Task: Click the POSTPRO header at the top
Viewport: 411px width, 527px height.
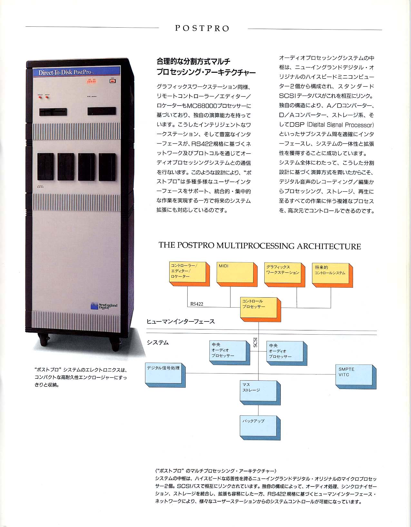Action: (x=202, y=28)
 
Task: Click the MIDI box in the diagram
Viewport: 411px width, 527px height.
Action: (x=237, y=274)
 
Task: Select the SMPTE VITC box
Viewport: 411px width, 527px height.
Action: (x=356, y=377)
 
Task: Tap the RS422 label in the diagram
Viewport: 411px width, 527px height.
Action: (x=197, y=304)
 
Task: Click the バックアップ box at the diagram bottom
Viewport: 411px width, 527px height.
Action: (x=260, y=428)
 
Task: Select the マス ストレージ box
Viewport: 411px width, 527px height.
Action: (x=260, y=393)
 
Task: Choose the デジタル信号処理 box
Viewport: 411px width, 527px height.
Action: (x=165, y=375)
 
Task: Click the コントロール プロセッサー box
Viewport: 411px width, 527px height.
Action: (x=260, y=310)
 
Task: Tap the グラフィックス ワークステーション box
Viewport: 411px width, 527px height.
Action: (x=284, y=275)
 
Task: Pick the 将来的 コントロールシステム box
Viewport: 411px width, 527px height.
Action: (x=332, y=275)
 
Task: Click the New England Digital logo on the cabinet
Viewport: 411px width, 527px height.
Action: (x=104, y=306)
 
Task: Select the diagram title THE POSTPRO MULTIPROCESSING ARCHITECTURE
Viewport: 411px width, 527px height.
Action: (x=260, y=246)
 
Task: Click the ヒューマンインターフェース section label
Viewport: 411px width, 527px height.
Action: (x=181, y=322)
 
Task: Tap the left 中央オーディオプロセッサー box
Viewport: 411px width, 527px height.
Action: (x=230, y=353)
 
